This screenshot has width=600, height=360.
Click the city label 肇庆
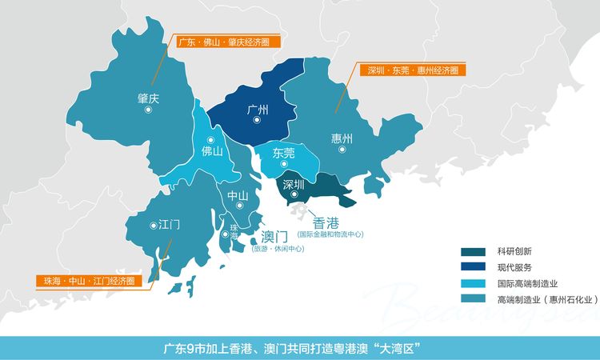tap(149, 98)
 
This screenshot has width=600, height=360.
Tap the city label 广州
tap(257, 109)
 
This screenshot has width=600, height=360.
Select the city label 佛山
tap(211, 150)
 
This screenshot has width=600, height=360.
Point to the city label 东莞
tap(283, 153)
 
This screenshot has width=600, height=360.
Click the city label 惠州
tap(342, 138)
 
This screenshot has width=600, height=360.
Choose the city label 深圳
tap(294, 182)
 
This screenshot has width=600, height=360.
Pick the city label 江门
tap(169, 225)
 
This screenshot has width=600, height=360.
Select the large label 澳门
tap(277, 237)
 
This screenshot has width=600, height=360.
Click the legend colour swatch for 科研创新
tap(474, 251)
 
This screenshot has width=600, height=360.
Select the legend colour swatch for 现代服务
tap(474, 267)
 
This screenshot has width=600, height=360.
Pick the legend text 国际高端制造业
tap(526, 283)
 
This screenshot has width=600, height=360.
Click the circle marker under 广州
tap(257, 120)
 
